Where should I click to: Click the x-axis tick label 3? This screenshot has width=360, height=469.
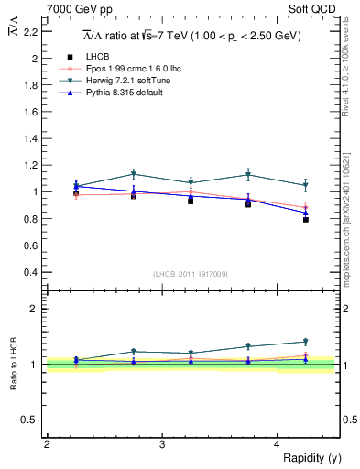click(162, 444)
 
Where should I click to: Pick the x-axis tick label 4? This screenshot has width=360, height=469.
click(278, 444)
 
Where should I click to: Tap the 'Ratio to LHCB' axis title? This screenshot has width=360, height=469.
click(15, 364)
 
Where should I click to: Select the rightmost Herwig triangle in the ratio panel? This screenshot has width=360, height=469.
click(306, 342)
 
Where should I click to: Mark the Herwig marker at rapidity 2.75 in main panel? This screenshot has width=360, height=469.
click(134, 174)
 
